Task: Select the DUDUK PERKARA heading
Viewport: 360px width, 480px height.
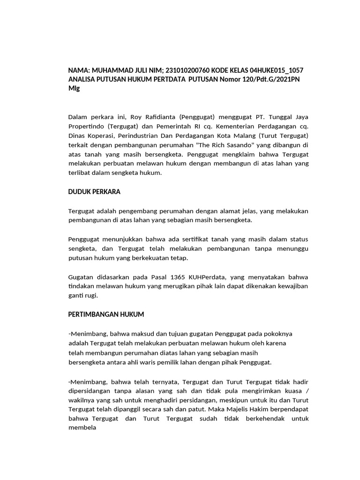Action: (94, 192)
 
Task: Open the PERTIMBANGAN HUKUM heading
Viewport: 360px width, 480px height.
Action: (106, 314)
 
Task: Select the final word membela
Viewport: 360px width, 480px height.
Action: (82, 427)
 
